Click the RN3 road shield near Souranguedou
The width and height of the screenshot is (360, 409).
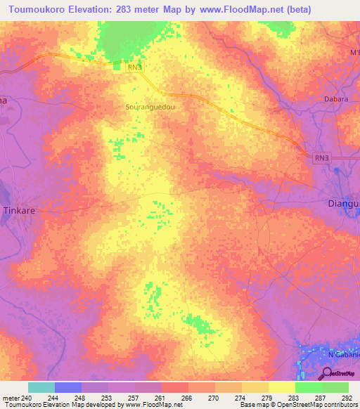point(136,67)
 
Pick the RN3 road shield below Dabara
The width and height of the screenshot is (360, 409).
point(321,159)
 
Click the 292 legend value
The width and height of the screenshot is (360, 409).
point(347,398)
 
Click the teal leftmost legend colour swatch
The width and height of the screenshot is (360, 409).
point(41,387)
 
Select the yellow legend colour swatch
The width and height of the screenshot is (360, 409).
point(281,387)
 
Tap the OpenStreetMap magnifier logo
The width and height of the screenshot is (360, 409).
point(328,374)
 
